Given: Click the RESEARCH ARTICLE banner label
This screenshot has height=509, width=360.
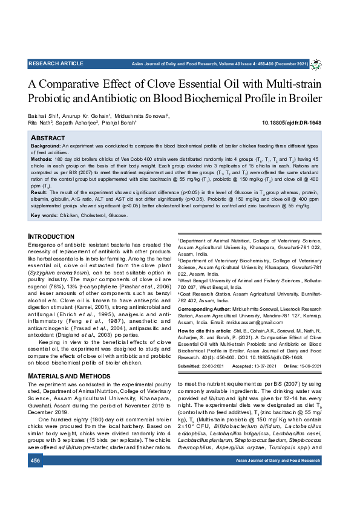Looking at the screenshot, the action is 56,63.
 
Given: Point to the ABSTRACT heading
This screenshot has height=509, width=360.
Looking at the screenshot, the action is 48,138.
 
